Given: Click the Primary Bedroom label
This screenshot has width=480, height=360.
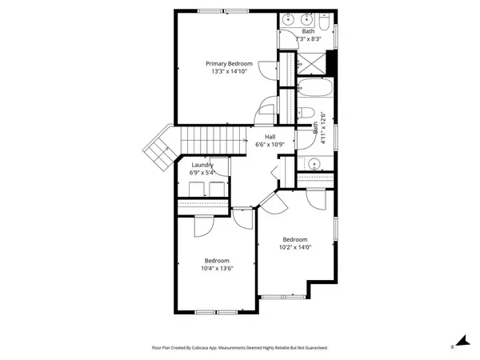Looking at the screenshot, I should (x=229, y=63).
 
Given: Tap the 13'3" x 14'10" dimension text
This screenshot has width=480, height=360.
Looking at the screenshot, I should (x=229, y=71).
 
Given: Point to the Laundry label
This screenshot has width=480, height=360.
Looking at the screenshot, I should (x=202, y=165).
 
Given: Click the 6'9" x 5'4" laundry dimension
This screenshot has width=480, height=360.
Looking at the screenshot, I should (x=202, y=173).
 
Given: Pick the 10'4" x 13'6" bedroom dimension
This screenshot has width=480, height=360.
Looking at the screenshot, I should (x=217, y=269).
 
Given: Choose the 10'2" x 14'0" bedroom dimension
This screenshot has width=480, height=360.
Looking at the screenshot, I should (x=294, y=247).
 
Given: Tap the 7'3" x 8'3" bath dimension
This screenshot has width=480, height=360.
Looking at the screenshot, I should (x=308, y=38).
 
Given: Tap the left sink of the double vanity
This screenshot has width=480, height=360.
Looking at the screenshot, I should (x=289, y=18).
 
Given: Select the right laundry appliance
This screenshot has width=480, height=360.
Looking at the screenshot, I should (x=214, y=189).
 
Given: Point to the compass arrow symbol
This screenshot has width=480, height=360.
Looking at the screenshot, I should (x=460, y=342).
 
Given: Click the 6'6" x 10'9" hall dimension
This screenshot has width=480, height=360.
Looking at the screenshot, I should (x=270, y=145).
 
